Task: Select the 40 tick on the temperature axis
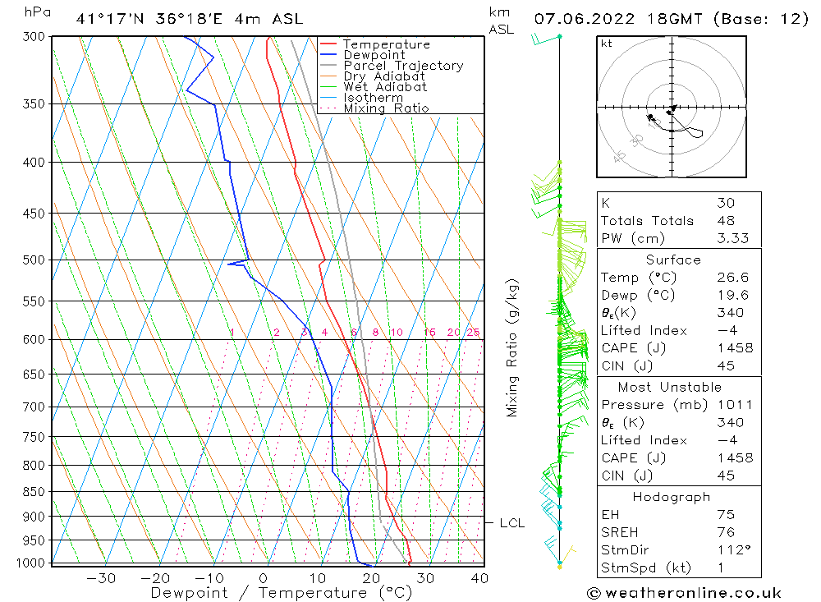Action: click(479, 578)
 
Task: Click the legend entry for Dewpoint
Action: click(374, 55)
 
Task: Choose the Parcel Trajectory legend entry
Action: click(403, 66)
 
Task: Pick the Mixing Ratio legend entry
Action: click(386, 108)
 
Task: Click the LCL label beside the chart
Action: click(511, 522)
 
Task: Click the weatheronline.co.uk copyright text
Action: click(684, 593)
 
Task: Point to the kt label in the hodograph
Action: click(607, 44)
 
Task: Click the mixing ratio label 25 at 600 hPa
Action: click(473, 333)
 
